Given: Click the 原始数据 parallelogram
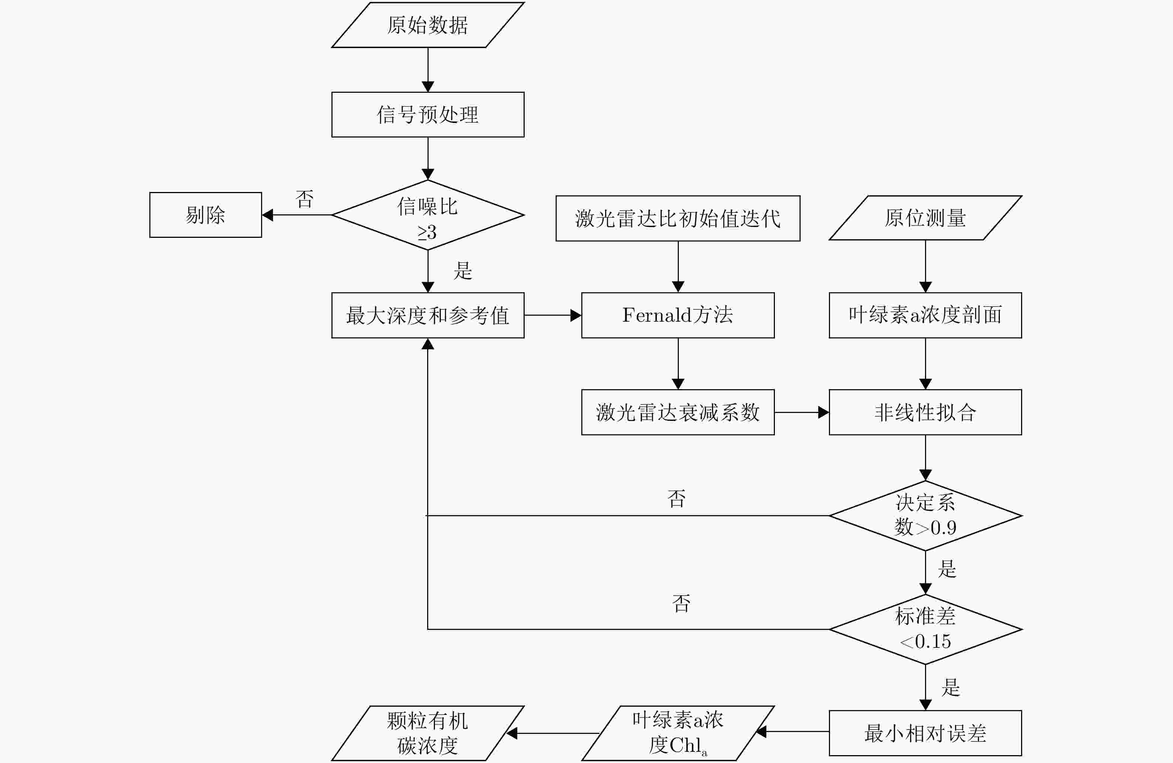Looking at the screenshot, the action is coord(428,25).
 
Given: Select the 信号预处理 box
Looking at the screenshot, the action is coord(428,114).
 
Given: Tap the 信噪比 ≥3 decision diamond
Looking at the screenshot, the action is coord(428,215).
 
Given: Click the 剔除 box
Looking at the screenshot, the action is coord(206,215).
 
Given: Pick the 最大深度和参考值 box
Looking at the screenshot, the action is coord(428,315).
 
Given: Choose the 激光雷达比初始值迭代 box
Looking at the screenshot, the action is coord(678,218).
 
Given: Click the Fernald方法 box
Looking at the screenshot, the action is coord(678,315).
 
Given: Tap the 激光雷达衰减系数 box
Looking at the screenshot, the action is coord(678,412).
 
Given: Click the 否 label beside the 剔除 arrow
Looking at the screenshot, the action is coord(305,199).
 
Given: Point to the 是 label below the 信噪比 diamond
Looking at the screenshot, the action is coord(463,270).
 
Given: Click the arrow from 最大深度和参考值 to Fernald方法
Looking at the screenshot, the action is coord(553,315).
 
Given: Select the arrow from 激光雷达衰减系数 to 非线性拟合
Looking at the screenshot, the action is coord(802,412).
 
